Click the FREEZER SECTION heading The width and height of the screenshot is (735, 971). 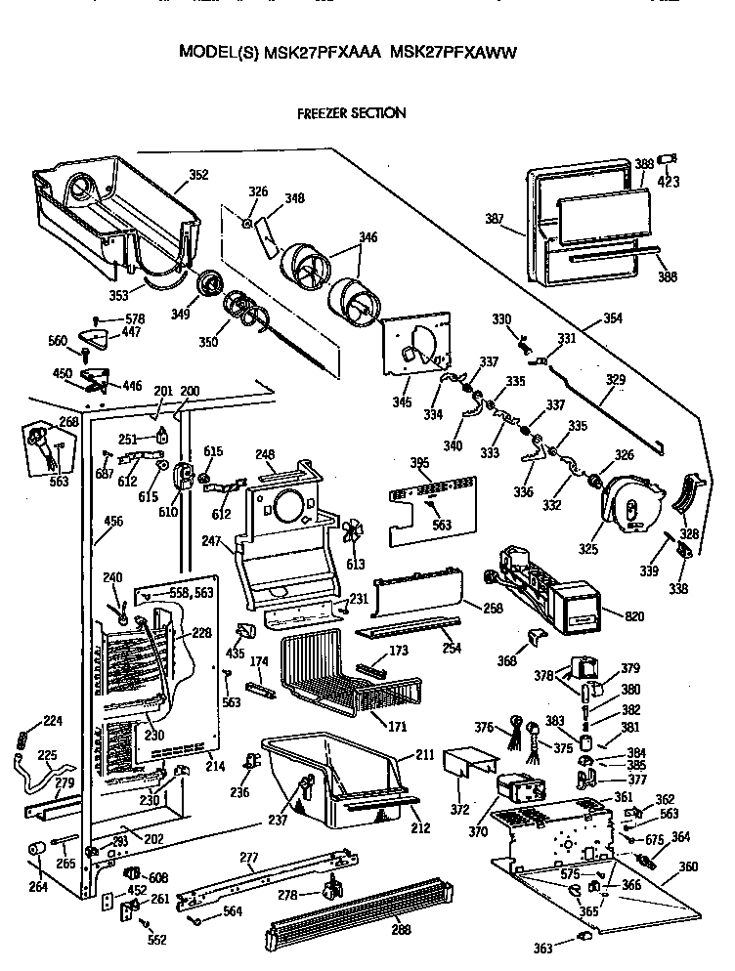point(351,113)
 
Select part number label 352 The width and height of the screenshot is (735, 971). point(198,176)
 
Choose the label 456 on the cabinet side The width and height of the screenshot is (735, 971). point(113,522)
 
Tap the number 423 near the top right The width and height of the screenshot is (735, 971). point(669,181)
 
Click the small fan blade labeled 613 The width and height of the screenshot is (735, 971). point(353,533)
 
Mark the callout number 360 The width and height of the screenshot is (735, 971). point(689,866)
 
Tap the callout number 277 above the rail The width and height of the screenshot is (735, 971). point(249,858)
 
